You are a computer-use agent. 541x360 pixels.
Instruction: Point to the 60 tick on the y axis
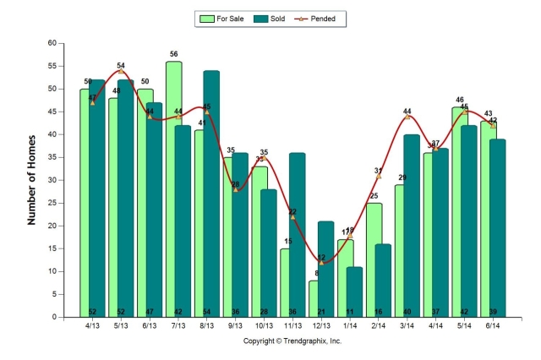click(52, 43)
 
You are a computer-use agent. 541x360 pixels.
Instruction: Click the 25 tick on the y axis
click(52, 203)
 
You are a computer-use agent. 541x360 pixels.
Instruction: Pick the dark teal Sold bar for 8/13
click(211, 194)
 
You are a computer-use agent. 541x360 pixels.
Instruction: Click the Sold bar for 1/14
click(354, 292)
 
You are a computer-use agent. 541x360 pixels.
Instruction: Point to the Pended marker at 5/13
click(121, 71)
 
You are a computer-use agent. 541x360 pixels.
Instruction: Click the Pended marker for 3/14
click(407, 117)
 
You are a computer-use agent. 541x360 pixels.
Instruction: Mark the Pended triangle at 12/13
click(321, 262)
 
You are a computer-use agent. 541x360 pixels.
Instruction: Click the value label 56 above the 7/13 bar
click(173, 53)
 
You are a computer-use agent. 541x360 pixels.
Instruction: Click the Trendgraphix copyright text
click(292, 341)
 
